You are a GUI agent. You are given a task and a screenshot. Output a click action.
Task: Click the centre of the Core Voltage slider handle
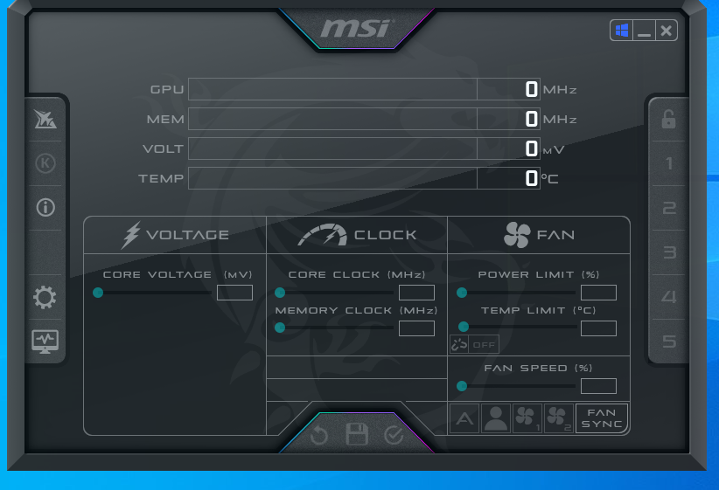coord(98,293)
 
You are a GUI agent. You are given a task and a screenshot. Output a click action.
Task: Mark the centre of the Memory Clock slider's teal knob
coord(280,328)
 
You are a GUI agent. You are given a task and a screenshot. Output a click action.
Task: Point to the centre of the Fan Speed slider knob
coord(462,386)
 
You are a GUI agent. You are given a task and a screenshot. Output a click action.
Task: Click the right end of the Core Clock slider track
coord(393,293)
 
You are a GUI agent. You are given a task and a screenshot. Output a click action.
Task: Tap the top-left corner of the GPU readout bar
coord(188,79)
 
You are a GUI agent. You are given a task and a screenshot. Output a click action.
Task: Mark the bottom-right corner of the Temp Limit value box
coord(617,335)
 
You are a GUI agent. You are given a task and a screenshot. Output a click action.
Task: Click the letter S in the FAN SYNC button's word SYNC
coord(585,424)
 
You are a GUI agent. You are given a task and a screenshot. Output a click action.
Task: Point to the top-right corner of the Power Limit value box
coord(617,286)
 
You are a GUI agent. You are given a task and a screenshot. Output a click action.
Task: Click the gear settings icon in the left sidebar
coord(45,298)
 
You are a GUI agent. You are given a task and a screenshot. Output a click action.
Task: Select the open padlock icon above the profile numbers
coord(668,120)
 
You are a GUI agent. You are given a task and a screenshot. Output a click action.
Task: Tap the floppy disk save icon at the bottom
coord(357,434)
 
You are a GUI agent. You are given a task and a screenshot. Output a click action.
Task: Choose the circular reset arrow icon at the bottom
coord(319,435)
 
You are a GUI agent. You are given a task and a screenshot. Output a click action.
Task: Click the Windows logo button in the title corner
coord(622,31)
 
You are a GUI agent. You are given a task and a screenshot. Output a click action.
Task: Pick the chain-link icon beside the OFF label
coord(459,344)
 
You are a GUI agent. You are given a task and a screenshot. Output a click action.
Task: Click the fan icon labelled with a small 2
coord(558,418)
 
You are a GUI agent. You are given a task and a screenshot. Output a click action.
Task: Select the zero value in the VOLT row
coord(532,148)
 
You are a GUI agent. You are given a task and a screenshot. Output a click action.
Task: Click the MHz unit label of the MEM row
coord(560,120)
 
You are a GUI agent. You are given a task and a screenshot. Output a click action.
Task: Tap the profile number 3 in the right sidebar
coord(669,252)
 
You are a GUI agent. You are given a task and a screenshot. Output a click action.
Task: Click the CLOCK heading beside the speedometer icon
coord(385,235)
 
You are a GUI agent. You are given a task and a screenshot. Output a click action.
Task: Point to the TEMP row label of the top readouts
coord(161,178)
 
